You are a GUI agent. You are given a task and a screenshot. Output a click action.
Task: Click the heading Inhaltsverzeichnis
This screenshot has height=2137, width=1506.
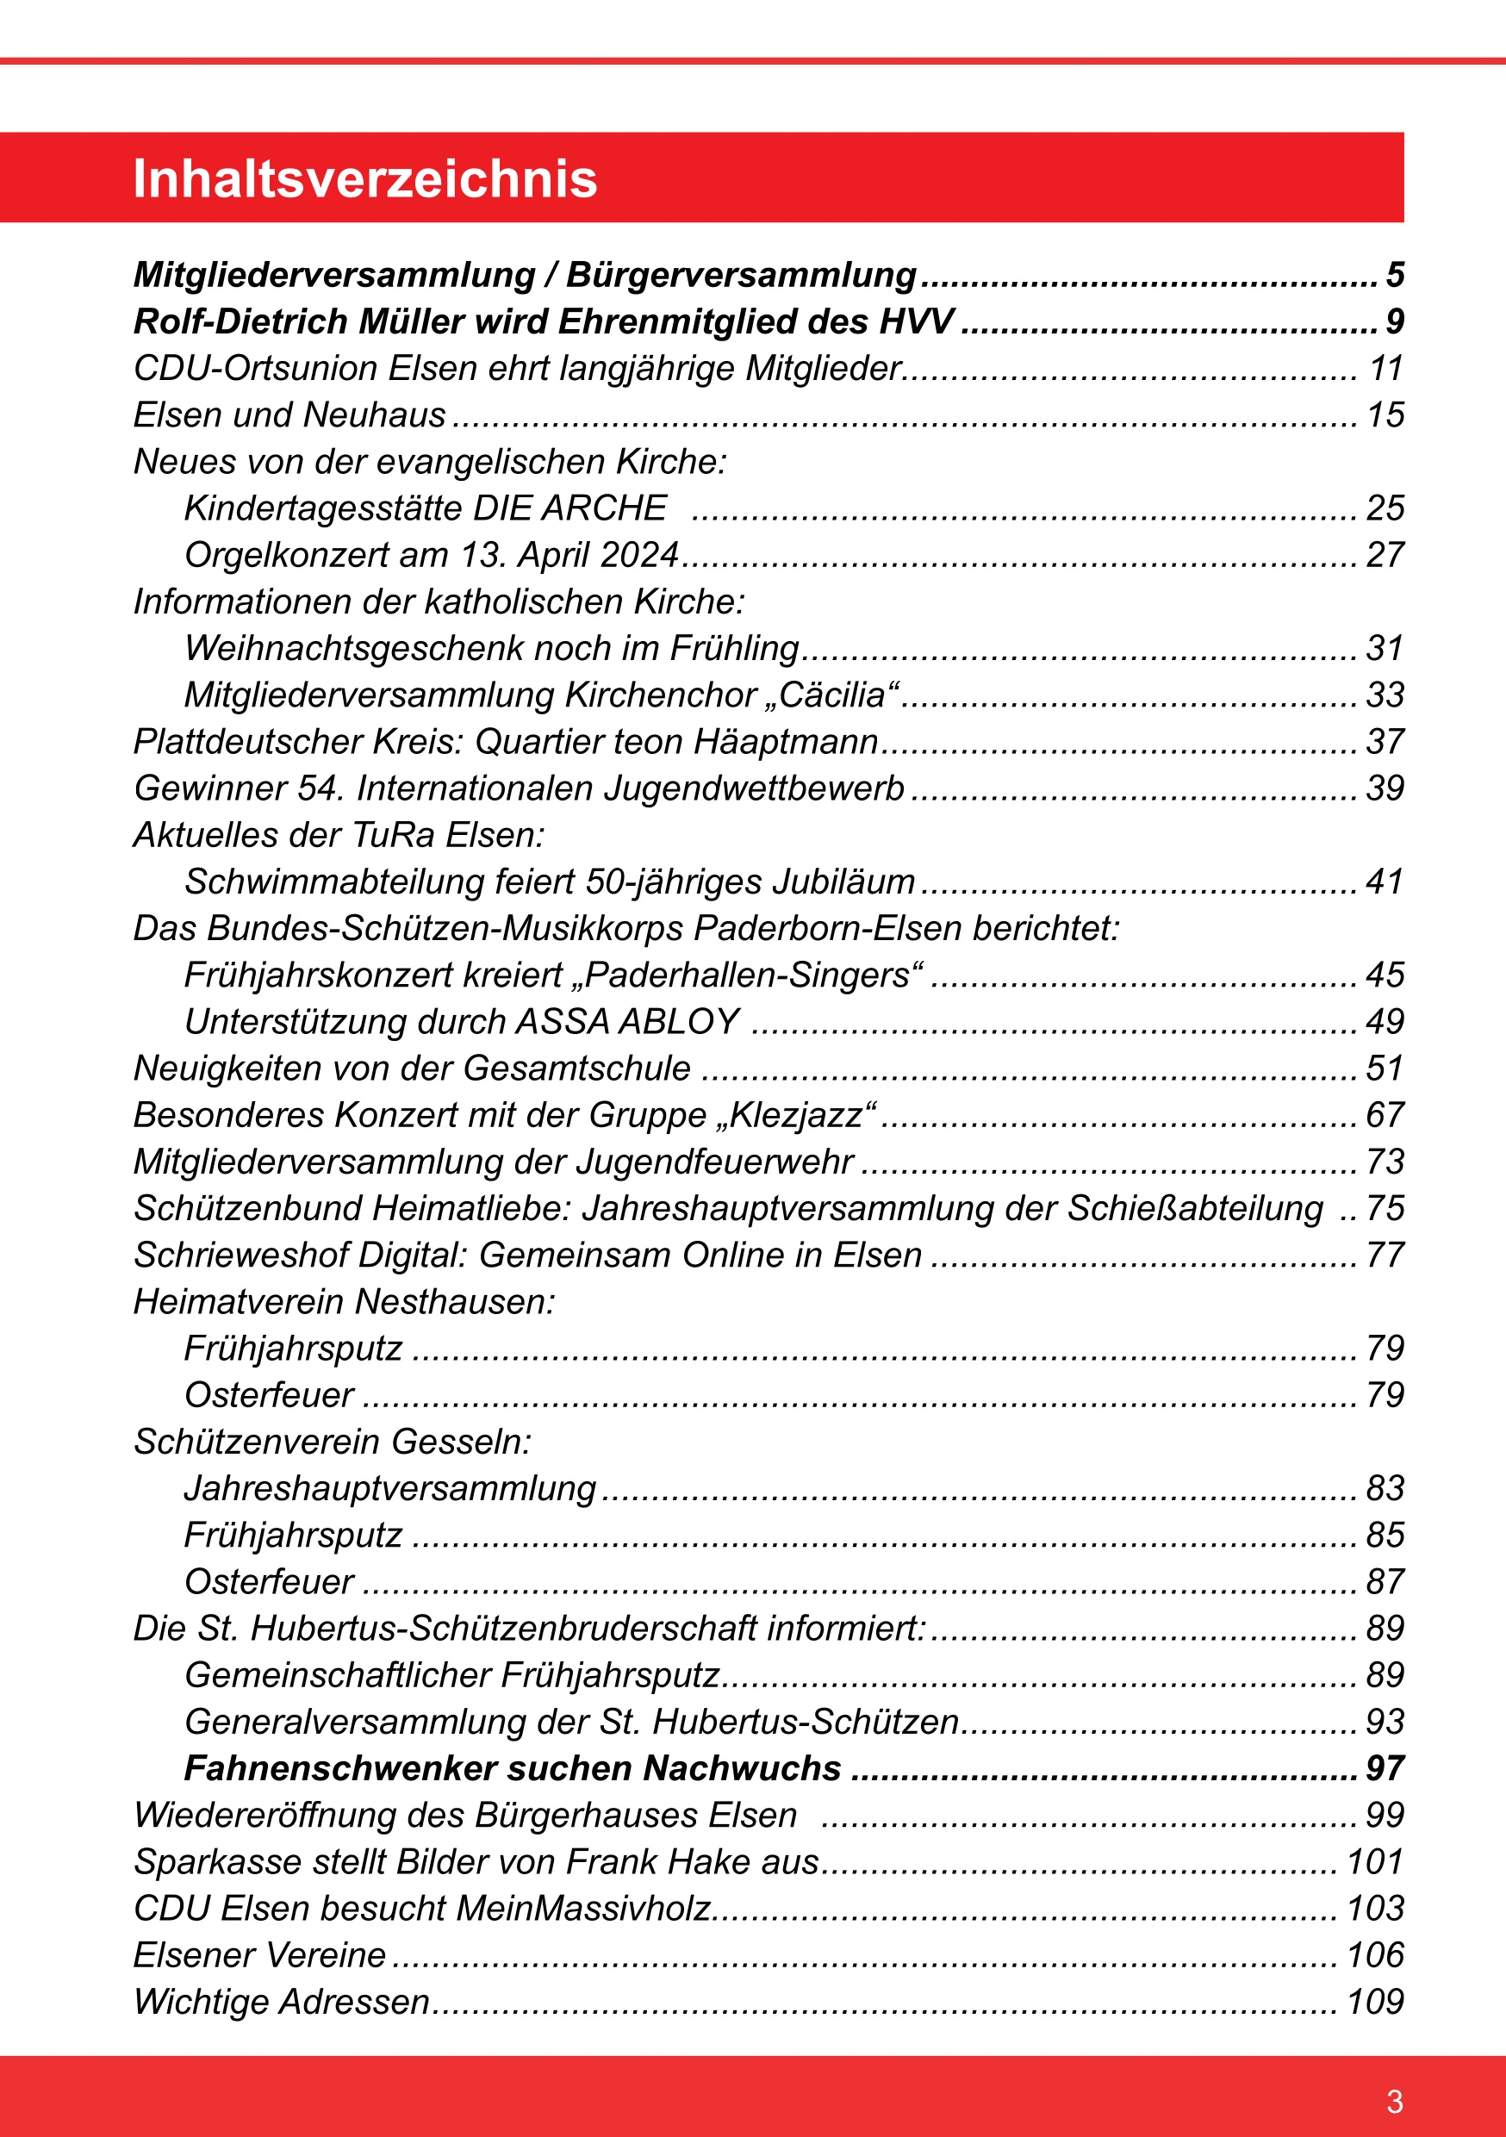(364, 178)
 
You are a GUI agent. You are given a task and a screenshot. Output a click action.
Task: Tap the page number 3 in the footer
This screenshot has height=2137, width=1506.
(1393, 2101)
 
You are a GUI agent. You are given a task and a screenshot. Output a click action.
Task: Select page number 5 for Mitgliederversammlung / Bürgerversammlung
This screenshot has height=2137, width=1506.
(1394, 276)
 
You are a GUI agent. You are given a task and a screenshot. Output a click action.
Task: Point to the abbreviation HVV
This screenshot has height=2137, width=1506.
(917, 322)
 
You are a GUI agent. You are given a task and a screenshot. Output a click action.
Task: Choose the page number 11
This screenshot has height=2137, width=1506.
(1386, 369)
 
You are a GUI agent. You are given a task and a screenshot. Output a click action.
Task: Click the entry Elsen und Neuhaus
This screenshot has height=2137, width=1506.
(289, 415)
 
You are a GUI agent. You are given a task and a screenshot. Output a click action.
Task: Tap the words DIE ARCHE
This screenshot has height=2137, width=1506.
(569, 508)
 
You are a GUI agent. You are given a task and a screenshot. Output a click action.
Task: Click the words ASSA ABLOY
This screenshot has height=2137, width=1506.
(628, 1022)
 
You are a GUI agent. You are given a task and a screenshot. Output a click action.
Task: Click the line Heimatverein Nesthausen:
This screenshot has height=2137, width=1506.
(345, 1301)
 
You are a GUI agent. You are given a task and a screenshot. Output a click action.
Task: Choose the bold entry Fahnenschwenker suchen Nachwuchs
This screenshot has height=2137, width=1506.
(513, 1768)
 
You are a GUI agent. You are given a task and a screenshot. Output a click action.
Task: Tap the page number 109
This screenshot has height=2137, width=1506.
(1375, 2001)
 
